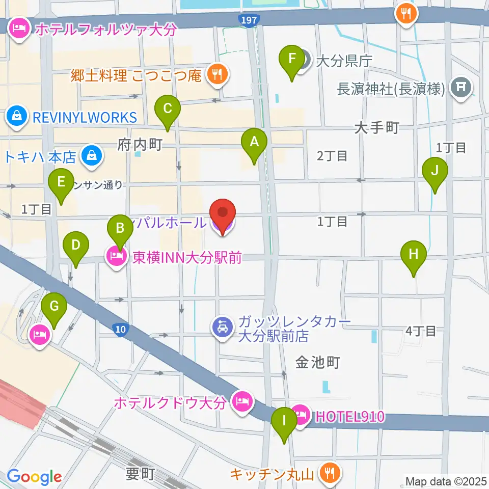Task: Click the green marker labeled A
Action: click(x=254, y=144)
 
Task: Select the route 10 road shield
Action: click(x=120, y=330)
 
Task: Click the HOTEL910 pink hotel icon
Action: click(x=300, y=415)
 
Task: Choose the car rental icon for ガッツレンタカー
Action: click(x=223, y=327)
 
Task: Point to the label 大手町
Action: click(x=376, y=128)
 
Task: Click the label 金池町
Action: click(x=317, y=362)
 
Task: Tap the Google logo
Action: click(x=34, y=476)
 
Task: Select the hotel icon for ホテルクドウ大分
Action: click(x=241, y=401)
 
